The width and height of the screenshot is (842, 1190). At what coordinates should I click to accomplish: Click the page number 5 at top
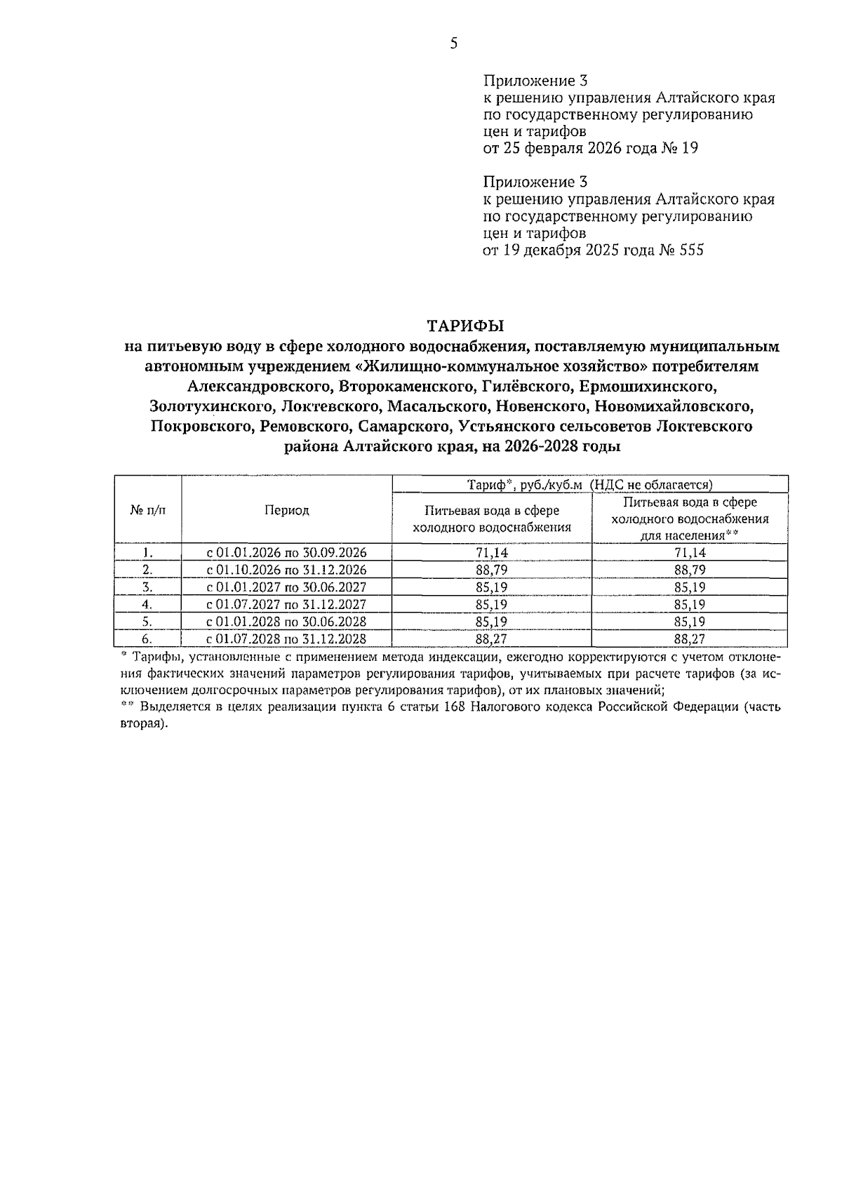453,44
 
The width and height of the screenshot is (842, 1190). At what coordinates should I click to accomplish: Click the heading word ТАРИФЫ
467,326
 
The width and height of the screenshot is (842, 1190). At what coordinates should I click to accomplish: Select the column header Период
286,510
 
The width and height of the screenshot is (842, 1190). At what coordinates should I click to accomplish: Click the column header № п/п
148,510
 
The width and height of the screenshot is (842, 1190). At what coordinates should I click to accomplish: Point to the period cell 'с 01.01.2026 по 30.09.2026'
286,553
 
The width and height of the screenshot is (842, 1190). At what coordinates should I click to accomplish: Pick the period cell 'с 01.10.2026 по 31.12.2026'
286,570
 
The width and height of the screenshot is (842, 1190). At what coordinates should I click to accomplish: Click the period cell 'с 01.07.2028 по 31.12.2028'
286,639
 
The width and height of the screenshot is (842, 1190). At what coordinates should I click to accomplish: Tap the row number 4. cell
147,604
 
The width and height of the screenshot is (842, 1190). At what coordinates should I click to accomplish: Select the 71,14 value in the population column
690,553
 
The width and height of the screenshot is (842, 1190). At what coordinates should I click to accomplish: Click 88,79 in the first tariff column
491,570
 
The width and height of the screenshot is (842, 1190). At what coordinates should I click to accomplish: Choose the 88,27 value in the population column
690,639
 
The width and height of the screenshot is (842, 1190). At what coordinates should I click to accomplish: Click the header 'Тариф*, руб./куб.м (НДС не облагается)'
589,484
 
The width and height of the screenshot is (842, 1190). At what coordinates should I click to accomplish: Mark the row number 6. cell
147,639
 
